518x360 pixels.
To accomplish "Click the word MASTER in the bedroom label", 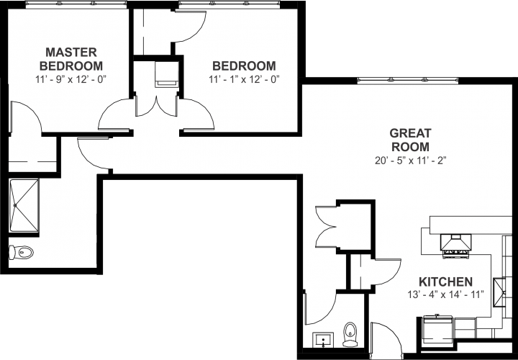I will [72, 52].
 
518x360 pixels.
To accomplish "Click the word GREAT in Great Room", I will [410, 133].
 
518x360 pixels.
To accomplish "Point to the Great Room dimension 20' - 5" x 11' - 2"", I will [409, 161].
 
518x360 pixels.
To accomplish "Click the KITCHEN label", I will [446, 281].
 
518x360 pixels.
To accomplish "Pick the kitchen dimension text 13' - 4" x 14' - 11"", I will [446, 294].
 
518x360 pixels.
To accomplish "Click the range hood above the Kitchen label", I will [456, 245].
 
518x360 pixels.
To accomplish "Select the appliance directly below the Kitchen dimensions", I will [437, 330].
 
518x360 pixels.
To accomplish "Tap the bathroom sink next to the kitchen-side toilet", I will [322, 339].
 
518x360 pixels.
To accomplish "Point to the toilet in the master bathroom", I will [22, 252].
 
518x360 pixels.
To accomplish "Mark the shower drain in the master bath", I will [14, 204].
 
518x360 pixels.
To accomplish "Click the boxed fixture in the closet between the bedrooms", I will [167, 74].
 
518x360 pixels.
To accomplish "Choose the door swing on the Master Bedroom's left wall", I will [27, 117].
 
